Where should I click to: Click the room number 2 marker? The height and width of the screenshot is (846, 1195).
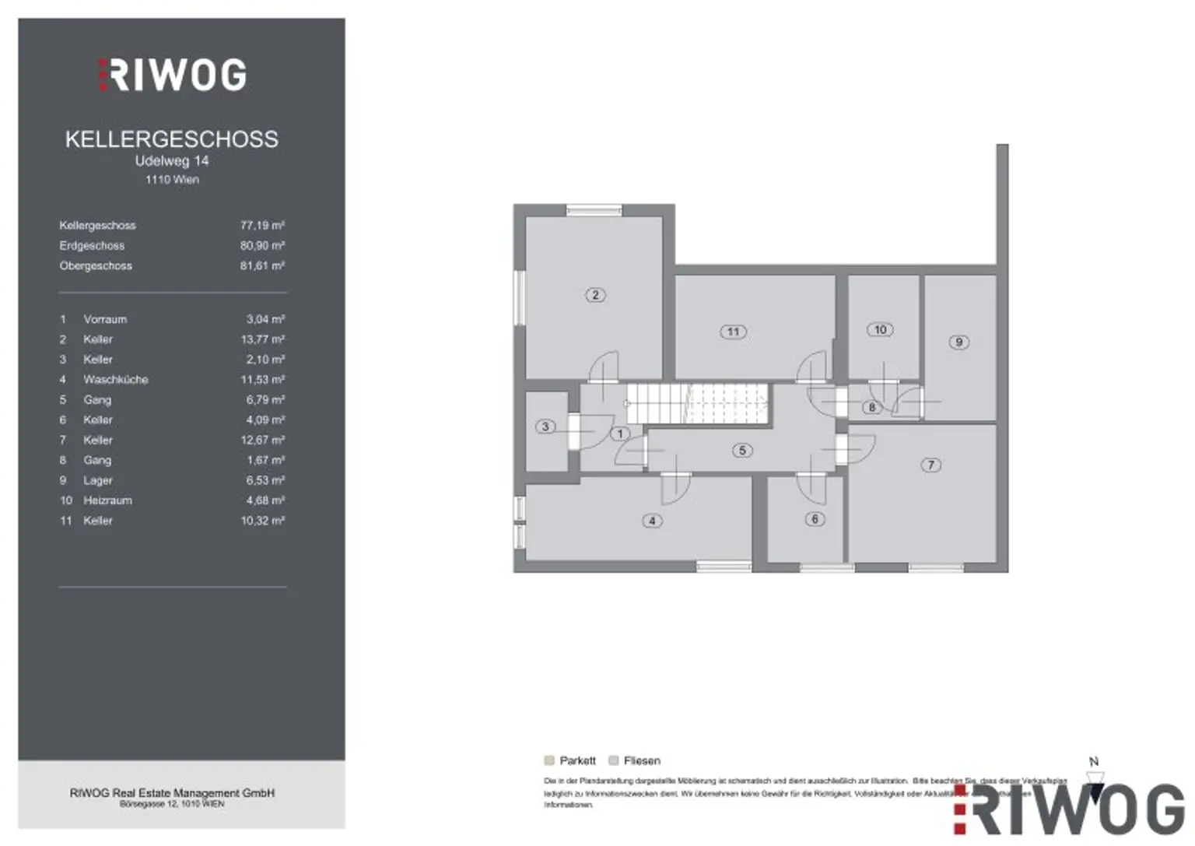pyautogui.click(x=595, y=295)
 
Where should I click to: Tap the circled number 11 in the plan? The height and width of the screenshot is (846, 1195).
pyautogui.click(x=733, y=332)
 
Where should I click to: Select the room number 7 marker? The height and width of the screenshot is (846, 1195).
pyautogui.click(x=930, y=465)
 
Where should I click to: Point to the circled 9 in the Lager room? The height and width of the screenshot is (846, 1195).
pyautogui.click(x=958, y=342)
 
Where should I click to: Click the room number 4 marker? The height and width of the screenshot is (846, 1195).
pyautogui.click(x=652, y=521)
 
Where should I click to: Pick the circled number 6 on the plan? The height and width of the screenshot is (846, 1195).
pyautogui.click(x=815, y=519)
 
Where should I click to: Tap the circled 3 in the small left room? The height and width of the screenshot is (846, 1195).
pyautogui.click(x=545, y=427)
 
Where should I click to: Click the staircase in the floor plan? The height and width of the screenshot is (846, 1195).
pyautogui.click(x=697, y=403)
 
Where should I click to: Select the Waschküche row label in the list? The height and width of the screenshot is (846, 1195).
pyautogui.click(x=115, y=380)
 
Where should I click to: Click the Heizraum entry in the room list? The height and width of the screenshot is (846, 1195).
pyautogui.click(x=107, y=500)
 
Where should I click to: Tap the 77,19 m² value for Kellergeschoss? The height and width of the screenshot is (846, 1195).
pyautogui.click(x=262, y=225)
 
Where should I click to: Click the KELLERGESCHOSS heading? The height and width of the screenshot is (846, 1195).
pyautogui.click(x=171, y=139)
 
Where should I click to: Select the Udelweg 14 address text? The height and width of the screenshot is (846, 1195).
pyautogui.click(x=172, y=161)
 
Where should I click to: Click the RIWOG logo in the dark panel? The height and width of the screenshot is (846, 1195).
pyautogui.click(x=173, y=75)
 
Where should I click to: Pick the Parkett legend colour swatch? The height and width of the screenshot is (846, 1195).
pyautogui.click(x=549, y=760)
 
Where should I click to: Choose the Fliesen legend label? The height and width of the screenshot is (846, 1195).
pyautogui.click(x=642, y=760)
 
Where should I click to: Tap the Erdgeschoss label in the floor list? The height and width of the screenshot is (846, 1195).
pyautogui.click(x=92, y=245)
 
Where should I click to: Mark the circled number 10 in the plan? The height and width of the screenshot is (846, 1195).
pyautogui.click(x=880, y=330)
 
